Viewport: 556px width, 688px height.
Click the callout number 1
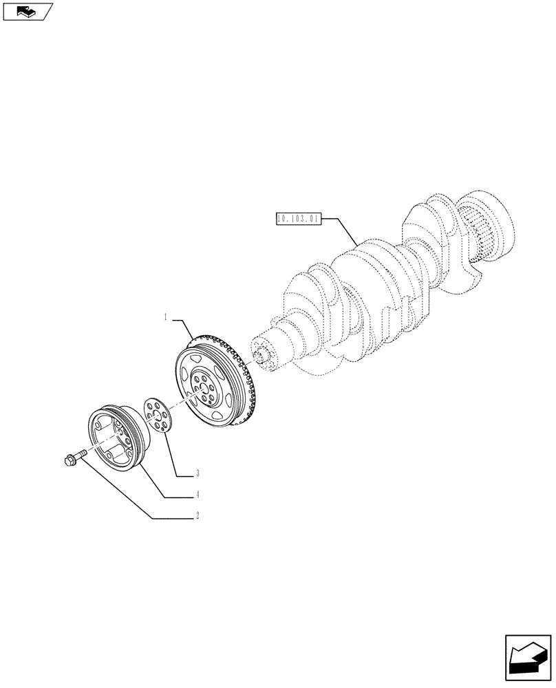pos(166,318)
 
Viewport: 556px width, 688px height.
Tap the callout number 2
pos(197,515)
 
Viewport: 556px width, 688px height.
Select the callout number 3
pos(197,473)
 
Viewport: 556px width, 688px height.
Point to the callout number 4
pos(197,495)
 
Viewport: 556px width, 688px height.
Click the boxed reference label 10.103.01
pos(298,219)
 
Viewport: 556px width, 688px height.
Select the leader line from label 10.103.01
pos(341,230)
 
